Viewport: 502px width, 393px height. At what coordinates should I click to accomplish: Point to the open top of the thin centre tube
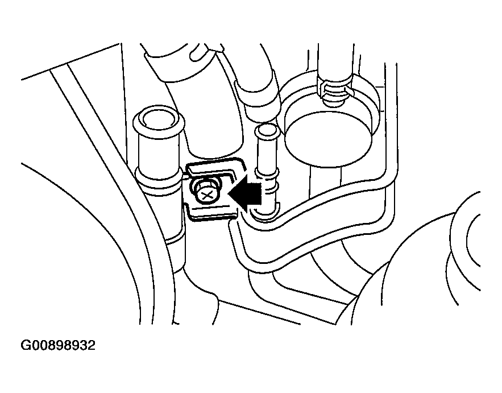tap(267, 132)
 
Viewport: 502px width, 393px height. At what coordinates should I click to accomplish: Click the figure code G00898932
tap(58, 345)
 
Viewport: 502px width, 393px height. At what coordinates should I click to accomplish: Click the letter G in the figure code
tap(27, 345)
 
